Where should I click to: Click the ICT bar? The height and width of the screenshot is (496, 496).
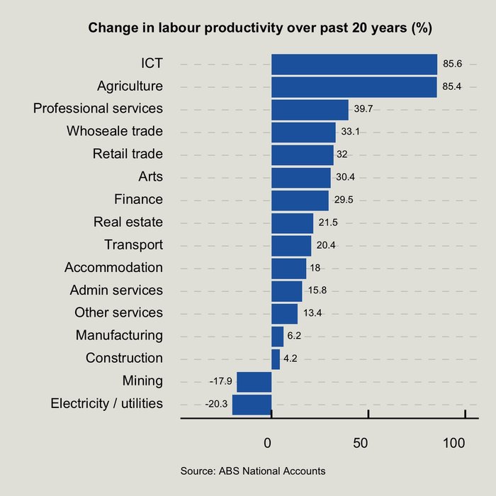(x=354, y=64)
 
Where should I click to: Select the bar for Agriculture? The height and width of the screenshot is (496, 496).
(x=354, y=86)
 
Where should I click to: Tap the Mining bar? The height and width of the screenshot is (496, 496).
(x=254, y=381)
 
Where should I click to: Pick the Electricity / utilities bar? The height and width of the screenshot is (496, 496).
(x=252, y=404)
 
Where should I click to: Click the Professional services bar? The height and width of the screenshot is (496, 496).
(x=310, y=109)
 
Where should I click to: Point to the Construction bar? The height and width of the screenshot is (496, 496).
(x=276, y=359)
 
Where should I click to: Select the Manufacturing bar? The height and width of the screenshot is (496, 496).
(x=277, y=336)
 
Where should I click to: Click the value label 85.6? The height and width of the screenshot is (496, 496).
(x=453, y=64)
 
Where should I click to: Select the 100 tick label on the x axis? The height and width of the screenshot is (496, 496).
(x=454, y=444)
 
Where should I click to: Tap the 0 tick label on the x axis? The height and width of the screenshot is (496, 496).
(x=268, y=444)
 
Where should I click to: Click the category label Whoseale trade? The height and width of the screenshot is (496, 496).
(x=115, y=132)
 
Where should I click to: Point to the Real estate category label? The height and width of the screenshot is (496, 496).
(x=128, y=222)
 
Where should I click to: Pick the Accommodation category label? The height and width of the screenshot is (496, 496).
(x=113, y=268)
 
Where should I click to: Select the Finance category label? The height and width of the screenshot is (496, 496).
(x=138, y=200)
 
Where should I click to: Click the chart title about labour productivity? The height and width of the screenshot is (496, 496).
(x=260, y=29)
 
